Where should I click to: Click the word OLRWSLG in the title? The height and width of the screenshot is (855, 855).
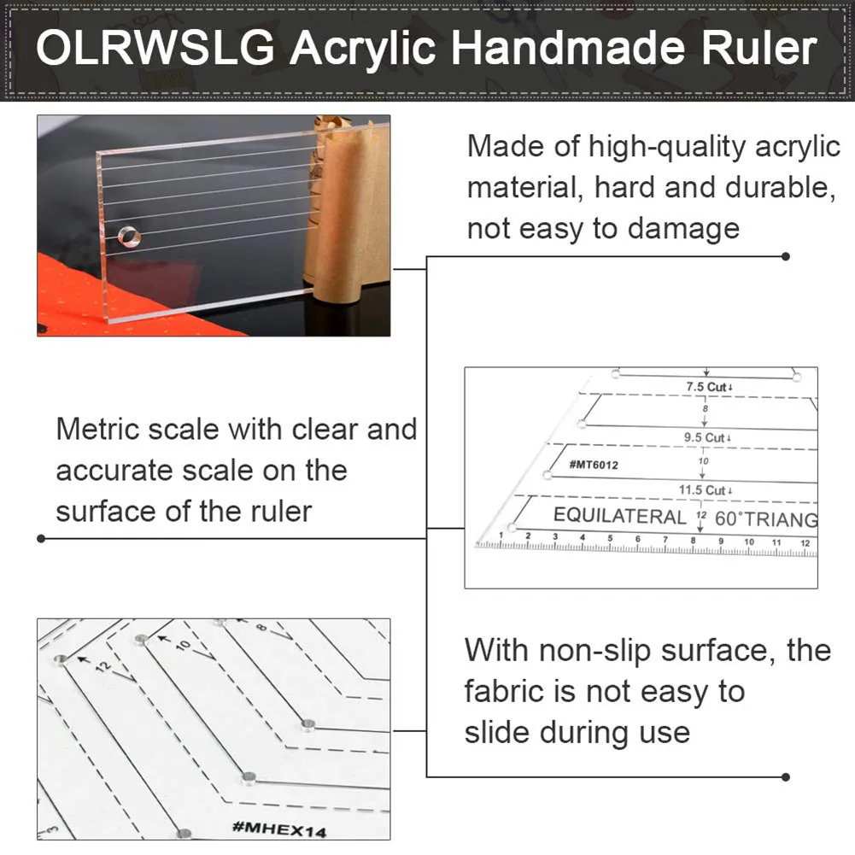pyautogui.click(x=155, y=49)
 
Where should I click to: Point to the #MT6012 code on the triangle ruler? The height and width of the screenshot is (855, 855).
pyautogui.click(x=593, y=464)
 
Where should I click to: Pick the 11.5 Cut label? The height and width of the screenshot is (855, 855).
pyautogui.click(x=703, y=490)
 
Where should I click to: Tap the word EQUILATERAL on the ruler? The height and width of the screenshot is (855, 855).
pyautogui.click(x=619, y=516)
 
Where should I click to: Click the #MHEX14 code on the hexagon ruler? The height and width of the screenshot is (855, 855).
pyautogui.click(x=278, y=828)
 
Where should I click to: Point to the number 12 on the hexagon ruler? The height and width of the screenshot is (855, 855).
pyautogui.click(x=104, y=667)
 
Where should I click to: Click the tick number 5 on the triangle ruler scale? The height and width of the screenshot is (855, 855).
pyautogui.click(x=610, y=538)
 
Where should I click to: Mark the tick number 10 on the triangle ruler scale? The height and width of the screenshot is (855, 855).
pyautogui.click(x=749, y=542)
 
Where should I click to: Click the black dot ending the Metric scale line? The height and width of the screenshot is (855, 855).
pyautogui.click(x=40, y=538)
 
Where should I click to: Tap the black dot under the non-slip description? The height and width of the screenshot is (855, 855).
pyautogui.click(x=786, y=776)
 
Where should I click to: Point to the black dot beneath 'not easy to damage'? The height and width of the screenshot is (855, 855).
pyautogui.click(x=786, y=255)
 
